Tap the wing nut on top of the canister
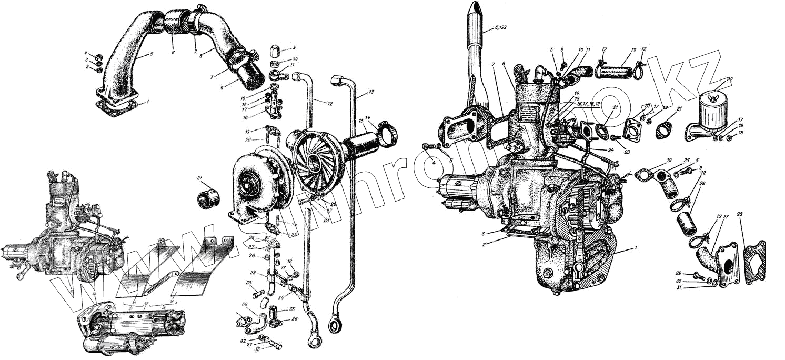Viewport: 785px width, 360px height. click(711, 96)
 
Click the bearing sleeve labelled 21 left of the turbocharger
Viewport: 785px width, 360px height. click(208, 199)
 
